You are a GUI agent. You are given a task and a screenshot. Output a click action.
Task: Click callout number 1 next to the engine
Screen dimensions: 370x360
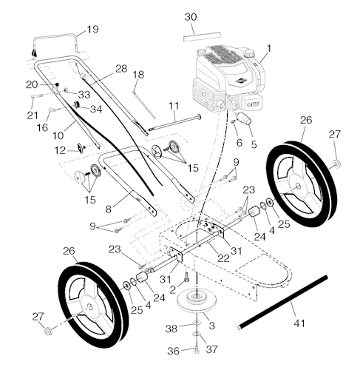pyautogui.click(x=268, y=49)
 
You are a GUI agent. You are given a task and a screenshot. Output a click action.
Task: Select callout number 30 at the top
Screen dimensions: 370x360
pyautogui.click(x=190, y=16)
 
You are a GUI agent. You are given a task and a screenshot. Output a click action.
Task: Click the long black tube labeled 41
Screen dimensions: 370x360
pyautogui.click(x=282, y=303)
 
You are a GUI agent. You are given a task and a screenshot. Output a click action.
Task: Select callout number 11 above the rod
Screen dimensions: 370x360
pyautogui.click(x=173, y=107)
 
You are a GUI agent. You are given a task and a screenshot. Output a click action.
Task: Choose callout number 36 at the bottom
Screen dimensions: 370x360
pyautogui.click(x=172, y=350)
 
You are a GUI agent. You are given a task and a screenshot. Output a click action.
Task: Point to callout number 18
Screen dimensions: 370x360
pyautogui.click(x=137, y=75)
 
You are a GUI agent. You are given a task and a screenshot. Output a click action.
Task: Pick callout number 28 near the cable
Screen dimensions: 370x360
pyautogui.click(x=121, y=68)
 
